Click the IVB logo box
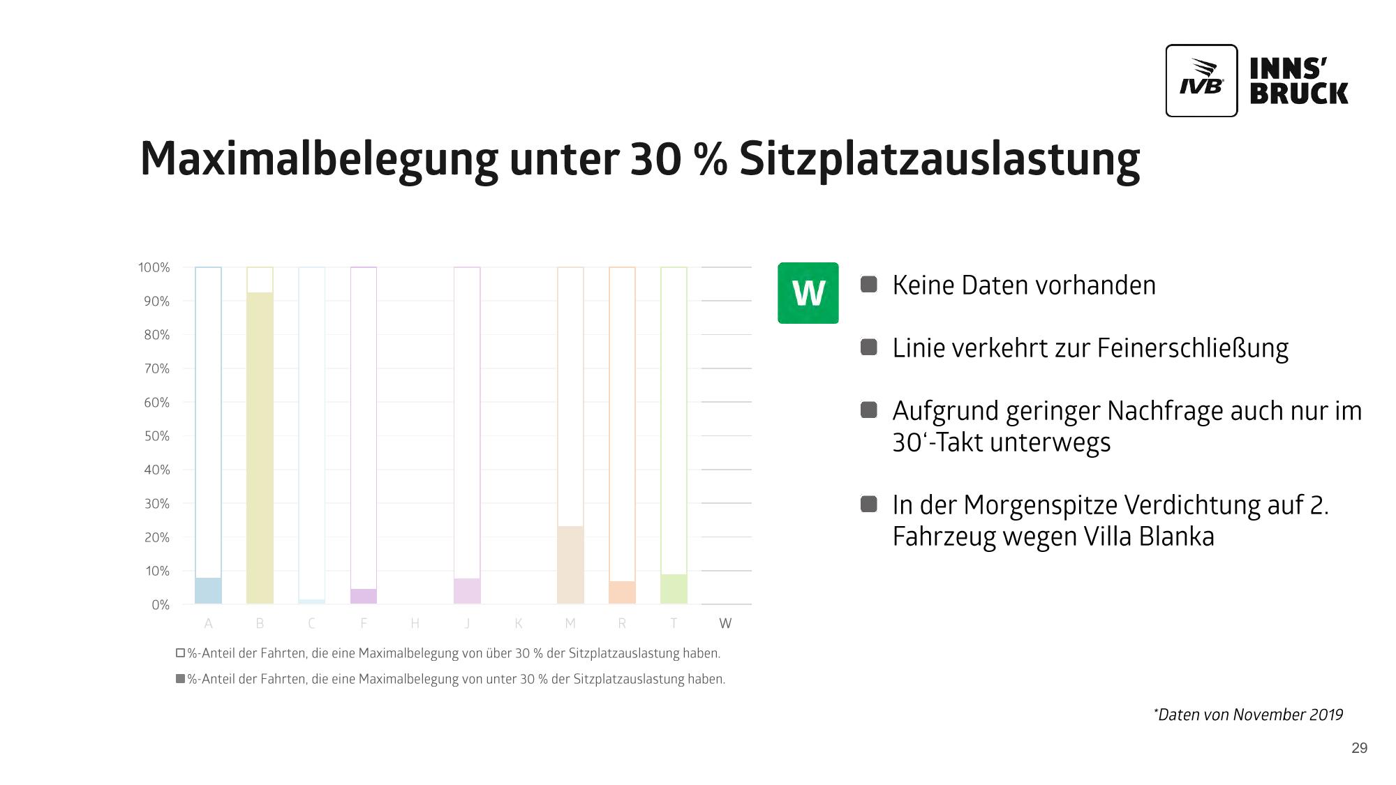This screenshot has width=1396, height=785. coord(1201,80)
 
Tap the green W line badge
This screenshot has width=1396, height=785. coord(808,293)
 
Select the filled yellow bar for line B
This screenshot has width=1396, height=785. coord(260,447)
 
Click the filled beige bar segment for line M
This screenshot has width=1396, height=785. coord(570,565)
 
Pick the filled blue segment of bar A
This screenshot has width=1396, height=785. coord(208,590)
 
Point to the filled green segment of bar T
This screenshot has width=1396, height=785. coord(674,589)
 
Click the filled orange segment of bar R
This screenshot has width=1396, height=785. coord(622,592)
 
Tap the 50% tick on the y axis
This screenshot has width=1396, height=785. coord(156,436)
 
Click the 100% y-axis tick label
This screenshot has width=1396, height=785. coord(154,267)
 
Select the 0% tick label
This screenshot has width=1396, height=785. coord(160,605)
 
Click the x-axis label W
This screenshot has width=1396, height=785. coord(725,623)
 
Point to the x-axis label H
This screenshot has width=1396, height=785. coord(415,623)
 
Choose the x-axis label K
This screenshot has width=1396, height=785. coord(519,623)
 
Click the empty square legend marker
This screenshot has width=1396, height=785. coord(180,653)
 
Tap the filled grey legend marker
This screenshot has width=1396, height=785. coord(180,679)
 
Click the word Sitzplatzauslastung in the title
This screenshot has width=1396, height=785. coord(939,159)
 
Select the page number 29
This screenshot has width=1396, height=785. coord(1359,748)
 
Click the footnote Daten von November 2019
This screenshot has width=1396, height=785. coord(1249,715)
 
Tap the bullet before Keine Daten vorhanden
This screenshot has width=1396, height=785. coord(868,284)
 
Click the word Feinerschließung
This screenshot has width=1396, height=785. coord(1192,348)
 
